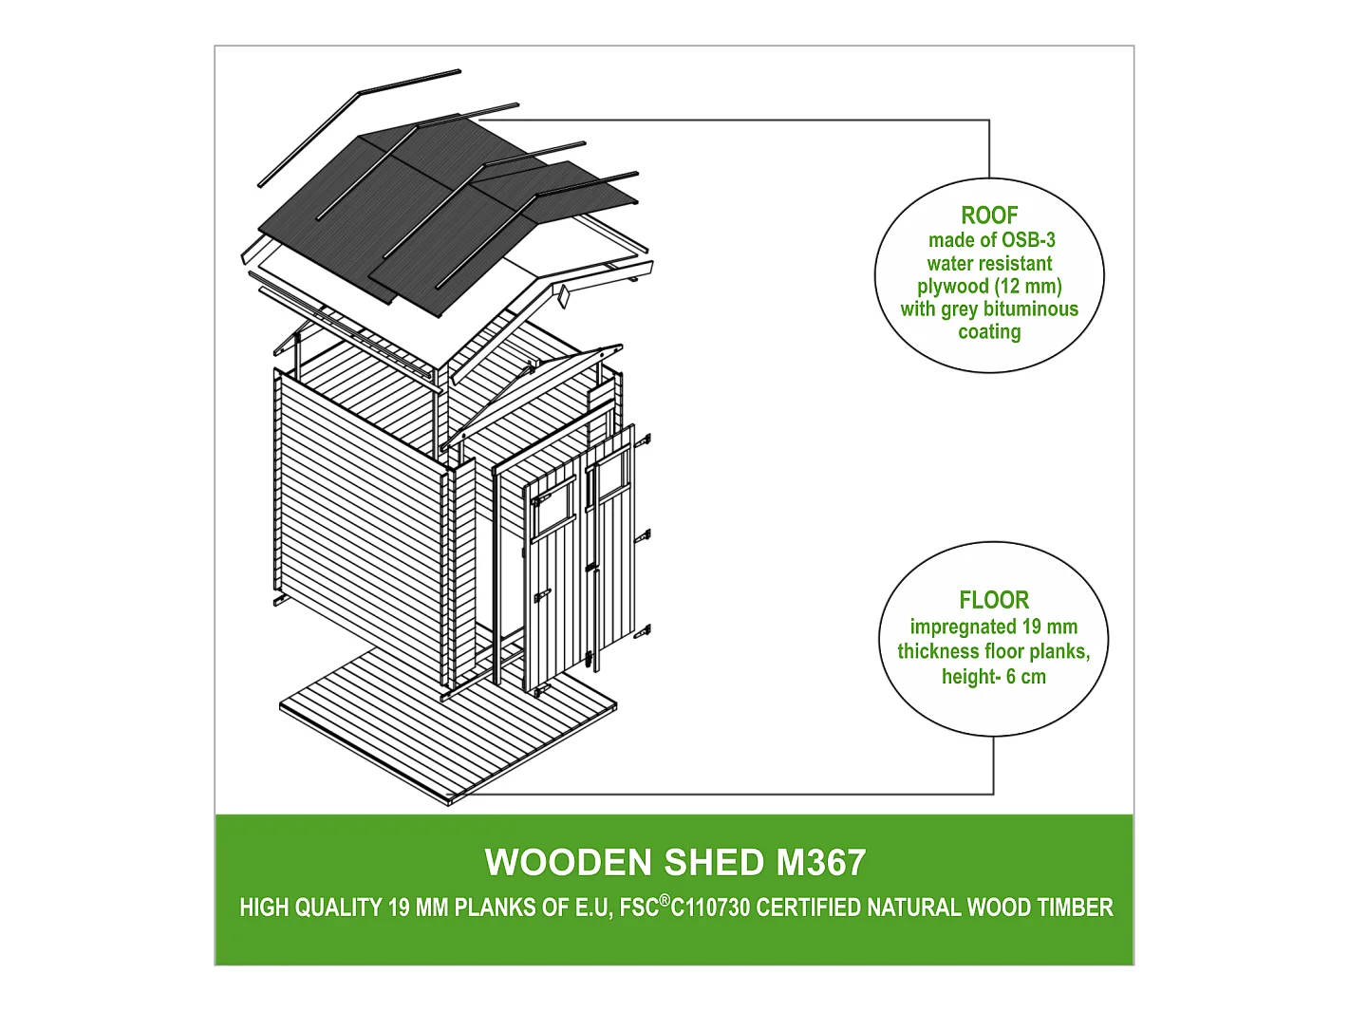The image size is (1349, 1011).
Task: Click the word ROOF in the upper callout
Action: (x=989, y=215)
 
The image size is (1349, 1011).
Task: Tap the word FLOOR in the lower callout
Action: (x=994, y=600)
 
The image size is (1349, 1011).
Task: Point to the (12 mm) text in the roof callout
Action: (x=1028, y=286)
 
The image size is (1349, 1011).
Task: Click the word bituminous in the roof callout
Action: (x=1031, y=309)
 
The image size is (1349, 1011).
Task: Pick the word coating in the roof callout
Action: (x=989, y=331)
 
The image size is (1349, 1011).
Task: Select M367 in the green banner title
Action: (x=820, y=863)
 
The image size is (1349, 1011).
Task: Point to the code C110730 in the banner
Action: (x=710, y=908)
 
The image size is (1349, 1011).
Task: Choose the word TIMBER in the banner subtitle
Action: (x=1075, y=908)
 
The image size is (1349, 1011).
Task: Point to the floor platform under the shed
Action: (x=446, y=721)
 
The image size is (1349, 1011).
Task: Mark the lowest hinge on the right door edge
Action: (x=647, y=628)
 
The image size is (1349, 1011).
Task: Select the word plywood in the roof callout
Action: (x=952, y=286)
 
